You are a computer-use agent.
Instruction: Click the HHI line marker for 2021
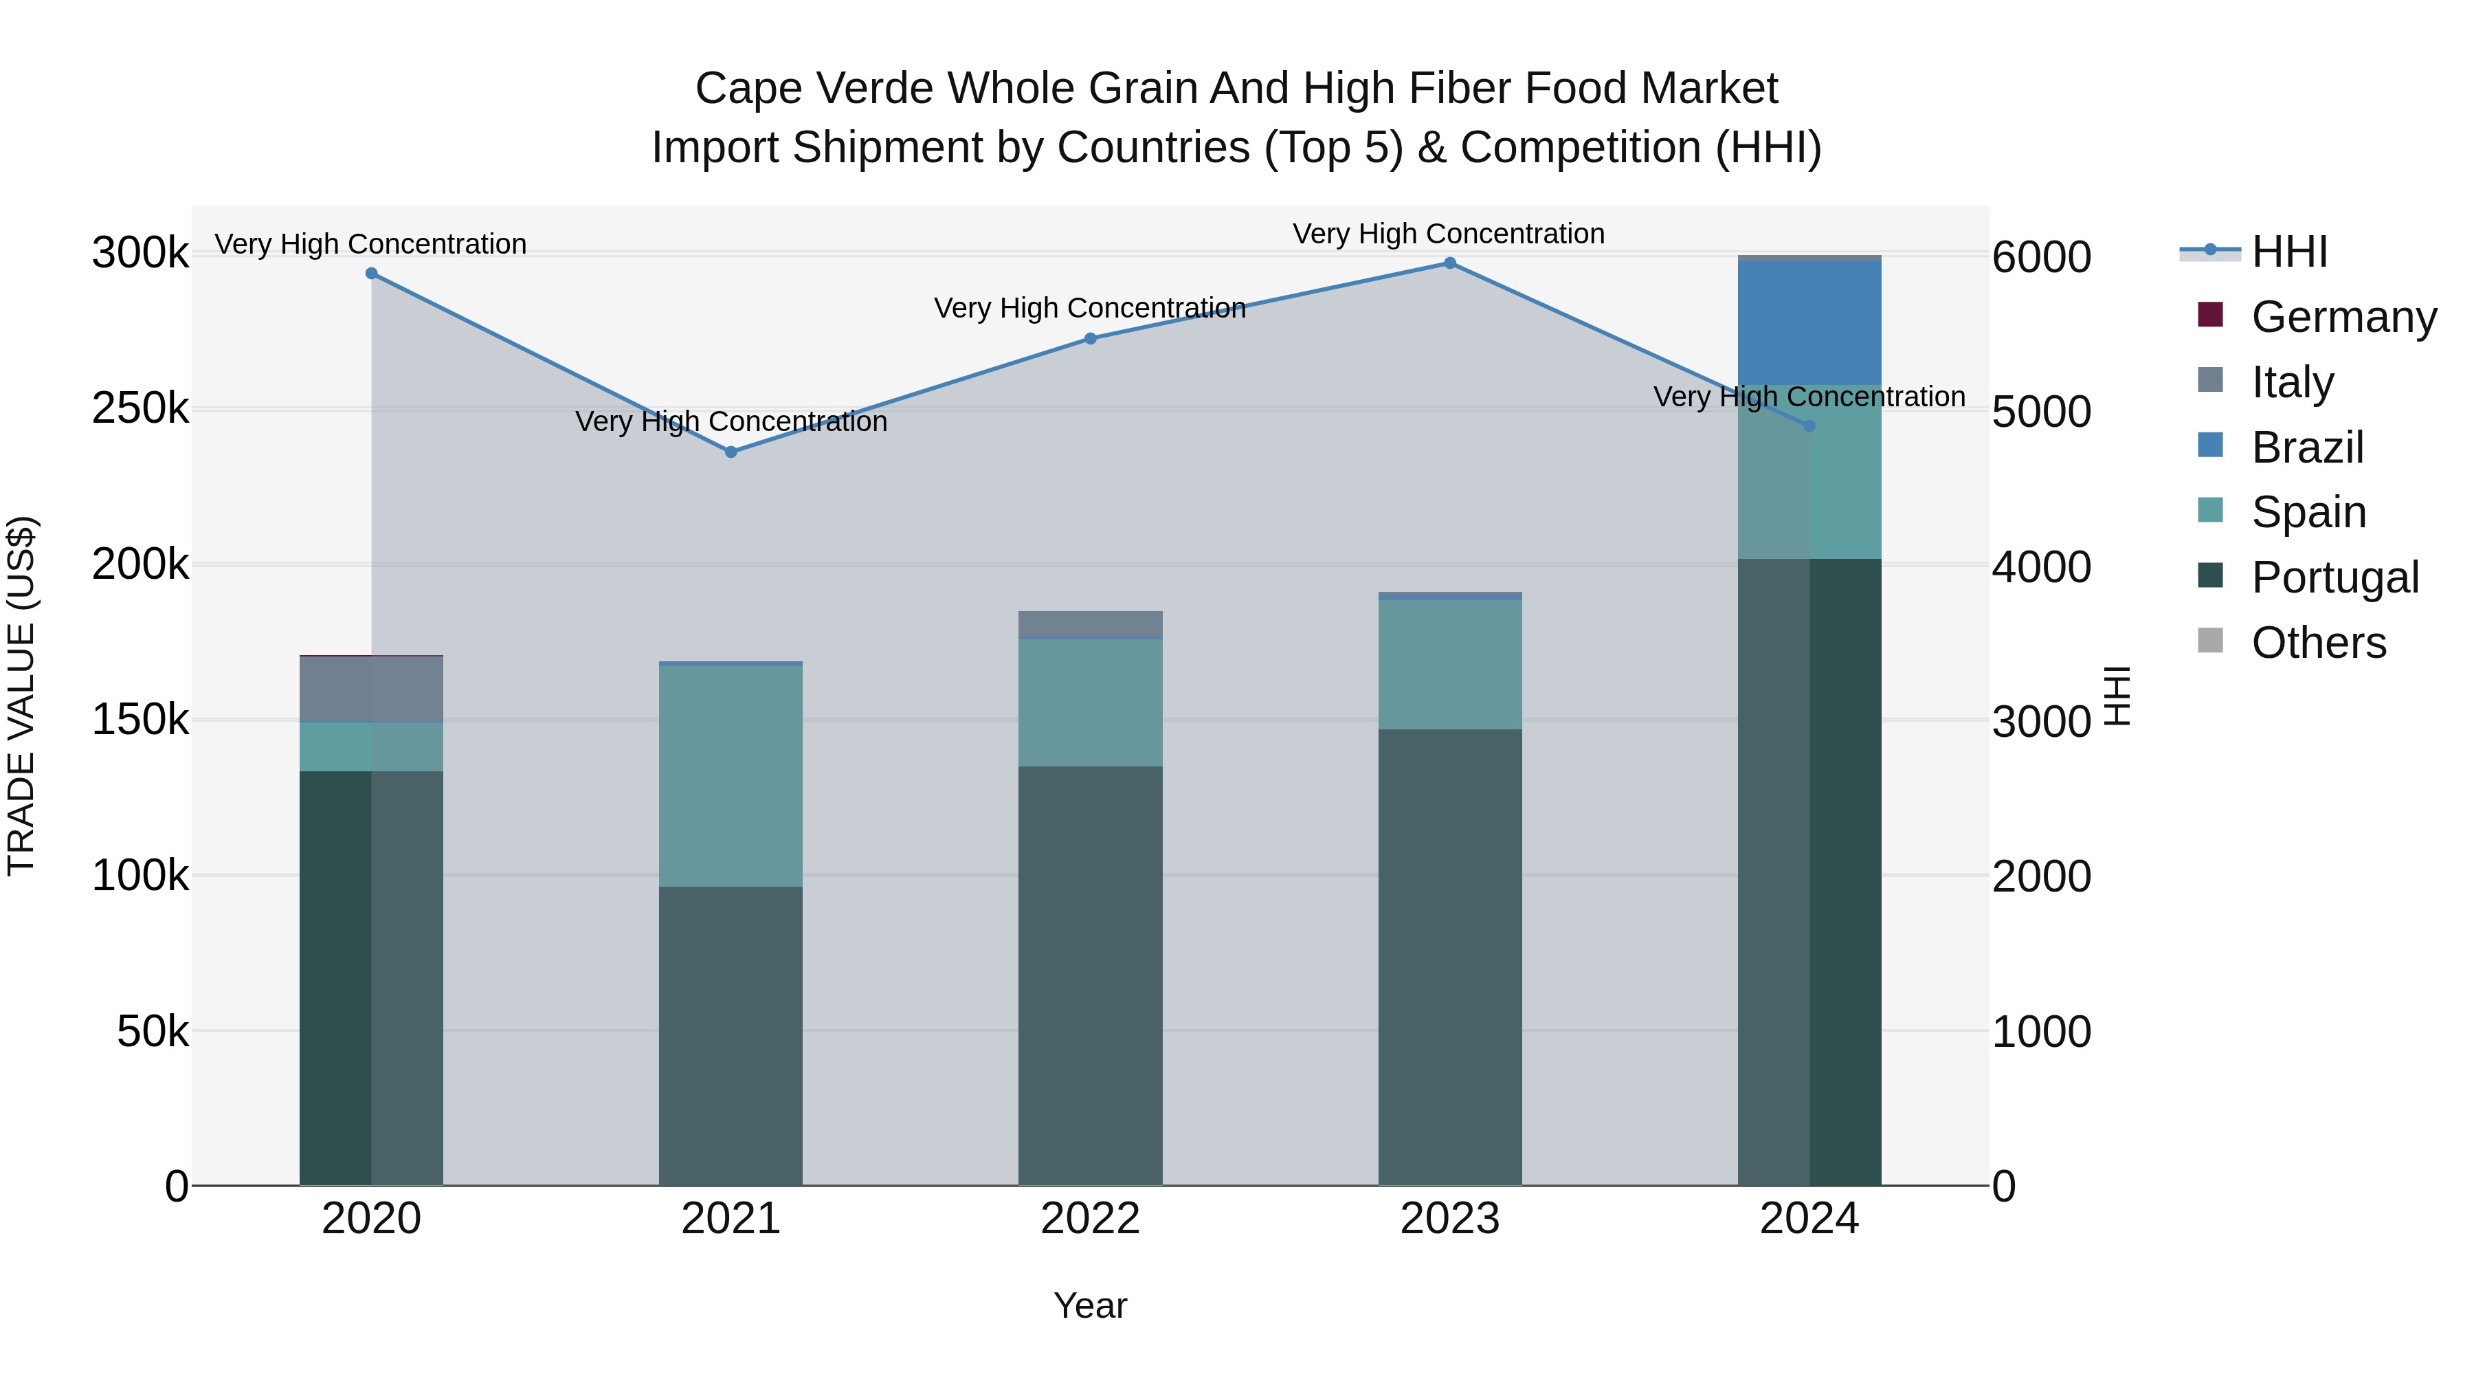coord(731,452)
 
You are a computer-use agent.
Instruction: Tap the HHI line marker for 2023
coord(1450,263)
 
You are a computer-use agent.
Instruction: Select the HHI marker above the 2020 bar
coord(372,274)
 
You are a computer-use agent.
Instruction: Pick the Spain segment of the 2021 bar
coord(731,776)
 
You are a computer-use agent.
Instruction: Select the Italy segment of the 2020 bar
coord(372,689)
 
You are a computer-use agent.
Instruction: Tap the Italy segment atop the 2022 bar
coord(1090,623)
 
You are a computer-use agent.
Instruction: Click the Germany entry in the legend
coord(2343,317)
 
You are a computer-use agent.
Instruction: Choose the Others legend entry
coord(2319,643)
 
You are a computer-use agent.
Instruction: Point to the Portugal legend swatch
coord(2211,577)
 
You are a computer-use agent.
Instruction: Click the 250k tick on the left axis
coord(140,409)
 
